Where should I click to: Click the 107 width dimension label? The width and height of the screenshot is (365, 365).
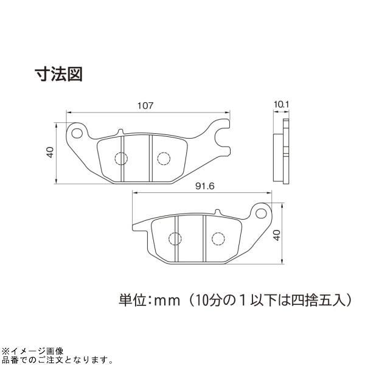(145, 106)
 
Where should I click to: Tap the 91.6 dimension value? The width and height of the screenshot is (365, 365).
(205, 186)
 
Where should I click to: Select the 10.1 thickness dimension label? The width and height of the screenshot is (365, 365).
(281, 105)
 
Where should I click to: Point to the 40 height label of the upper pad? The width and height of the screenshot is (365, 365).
(50, 152)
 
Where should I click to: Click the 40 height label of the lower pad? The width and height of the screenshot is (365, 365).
(277, 235)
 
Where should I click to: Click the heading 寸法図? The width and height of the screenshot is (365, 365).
(58, 74)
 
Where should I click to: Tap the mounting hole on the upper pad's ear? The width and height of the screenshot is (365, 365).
(77, 133)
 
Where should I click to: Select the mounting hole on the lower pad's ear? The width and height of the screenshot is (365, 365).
(261, 214)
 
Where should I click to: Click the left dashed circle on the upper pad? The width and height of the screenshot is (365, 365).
(121, 159)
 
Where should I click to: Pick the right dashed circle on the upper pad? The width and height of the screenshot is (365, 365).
(164, 159)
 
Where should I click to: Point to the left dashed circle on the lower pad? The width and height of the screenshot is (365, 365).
(175, 238)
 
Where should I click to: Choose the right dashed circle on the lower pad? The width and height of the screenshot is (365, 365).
(218, 238)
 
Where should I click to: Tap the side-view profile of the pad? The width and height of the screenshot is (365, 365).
(281, 151)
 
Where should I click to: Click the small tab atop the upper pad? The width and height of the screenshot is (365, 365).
(120, 132)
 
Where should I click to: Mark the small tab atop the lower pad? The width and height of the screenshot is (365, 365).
(217, 212)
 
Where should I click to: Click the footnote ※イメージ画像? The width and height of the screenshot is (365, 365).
(32, 351)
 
